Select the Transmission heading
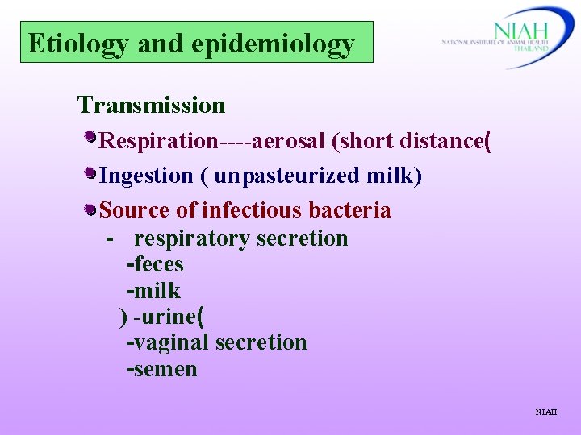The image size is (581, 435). [x=151, y=105]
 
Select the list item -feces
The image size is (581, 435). [x=155, y=264]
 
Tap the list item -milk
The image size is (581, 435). [x=153, y=290]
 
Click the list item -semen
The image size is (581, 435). [x=161, y=369]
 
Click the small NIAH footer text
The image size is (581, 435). [x=545, y=412]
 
